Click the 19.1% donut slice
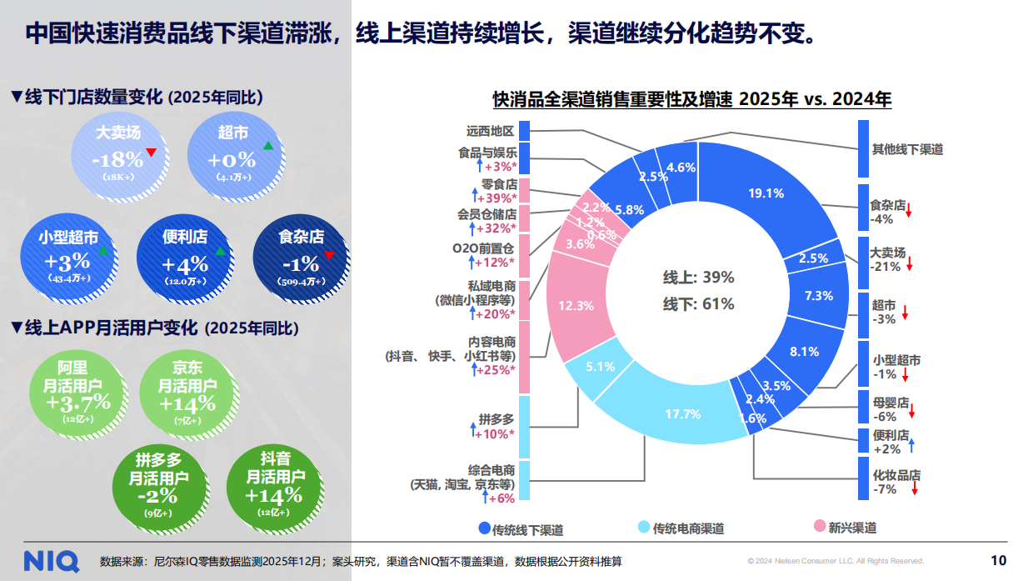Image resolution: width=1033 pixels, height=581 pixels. [x=766, y=193]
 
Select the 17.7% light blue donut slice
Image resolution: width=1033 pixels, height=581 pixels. [x=681, y=413]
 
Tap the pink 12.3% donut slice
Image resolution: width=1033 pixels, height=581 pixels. [x=576, y=305]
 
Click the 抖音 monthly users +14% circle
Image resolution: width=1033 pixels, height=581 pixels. [x=274, y=486]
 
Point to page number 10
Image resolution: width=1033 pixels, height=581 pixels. [x=998, y=559]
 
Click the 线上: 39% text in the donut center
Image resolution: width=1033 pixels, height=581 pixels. [x=698, y=278]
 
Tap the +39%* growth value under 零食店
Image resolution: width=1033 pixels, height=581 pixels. [x=499, y=198]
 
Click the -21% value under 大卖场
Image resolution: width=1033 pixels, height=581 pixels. [x=885, y=267]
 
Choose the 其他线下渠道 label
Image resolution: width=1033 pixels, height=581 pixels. [x=907, y=149]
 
